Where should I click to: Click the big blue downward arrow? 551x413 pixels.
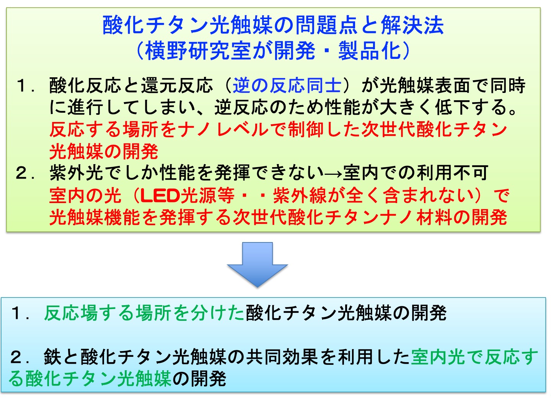[x=257, y=264]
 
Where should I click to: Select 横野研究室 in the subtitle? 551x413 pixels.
[x=198, y=51]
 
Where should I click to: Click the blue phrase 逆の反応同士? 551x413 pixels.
[x=287, y=85]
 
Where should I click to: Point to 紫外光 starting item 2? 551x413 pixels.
[x=76, y=173]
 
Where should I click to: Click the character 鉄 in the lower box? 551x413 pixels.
[x=52, y=357]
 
